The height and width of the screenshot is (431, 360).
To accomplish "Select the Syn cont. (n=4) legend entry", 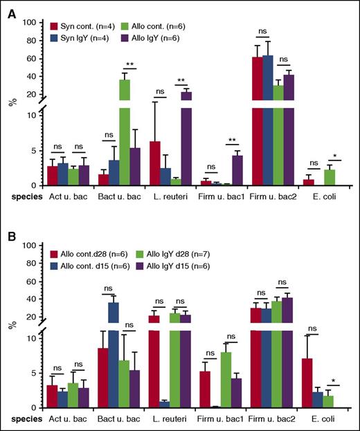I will (x=80, y=25).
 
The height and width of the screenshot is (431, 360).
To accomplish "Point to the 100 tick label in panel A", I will (x=29, y=23).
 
